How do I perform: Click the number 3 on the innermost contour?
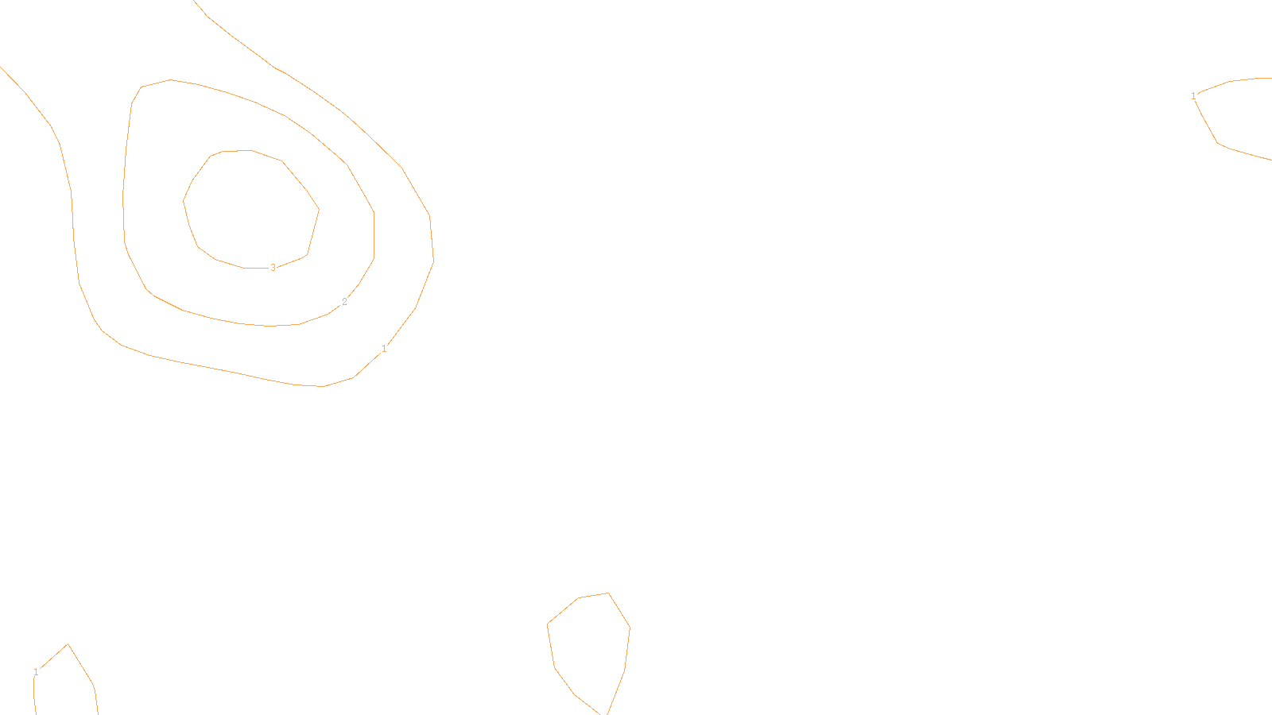pos(273,268)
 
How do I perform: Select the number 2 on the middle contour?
pos(344,302)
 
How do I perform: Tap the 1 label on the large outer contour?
pos(384,349)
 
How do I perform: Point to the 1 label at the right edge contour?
pos(1193,96)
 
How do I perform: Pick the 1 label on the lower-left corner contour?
pos(36,672)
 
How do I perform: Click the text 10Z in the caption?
pos(603,702)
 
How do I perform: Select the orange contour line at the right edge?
pos(1217,143)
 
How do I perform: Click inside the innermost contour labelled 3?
pos(250,208)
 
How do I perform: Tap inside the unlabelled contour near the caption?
pos(588,643)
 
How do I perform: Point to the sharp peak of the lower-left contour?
pos(68,644)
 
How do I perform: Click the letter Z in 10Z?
pos(609,702)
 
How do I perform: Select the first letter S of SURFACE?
pos(619,702)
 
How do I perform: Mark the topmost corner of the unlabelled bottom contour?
pos(608,593)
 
